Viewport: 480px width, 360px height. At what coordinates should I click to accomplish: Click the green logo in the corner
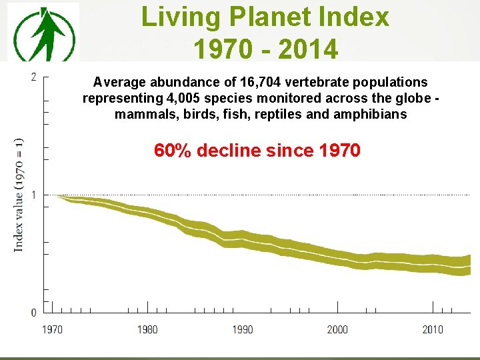pos(43,32)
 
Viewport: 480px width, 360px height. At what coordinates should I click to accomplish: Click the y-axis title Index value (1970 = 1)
pos(19,194)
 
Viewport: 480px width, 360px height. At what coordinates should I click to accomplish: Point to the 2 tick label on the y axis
pos(34,77)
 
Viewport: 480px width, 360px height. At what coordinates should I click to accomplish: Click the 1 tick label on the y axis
pos(34,195)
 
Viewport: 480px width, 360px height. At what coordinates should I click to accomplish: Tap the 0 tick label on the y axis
pos(34,313)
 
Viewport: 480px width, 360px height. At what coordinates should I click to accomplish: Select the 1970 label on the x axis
pos(53,329)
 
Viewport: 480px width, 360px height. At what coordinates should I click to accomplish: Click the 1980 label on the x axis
pos(147,329)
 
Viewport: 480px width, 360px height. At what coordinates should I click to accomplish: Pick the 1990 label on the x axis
pos(243,329)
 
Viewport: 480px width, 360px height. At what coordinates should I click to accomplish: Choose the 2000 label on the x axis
pos(337,329)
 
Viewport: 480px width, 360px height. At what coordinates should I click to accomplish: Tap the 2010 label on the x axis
pos(433,329)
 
